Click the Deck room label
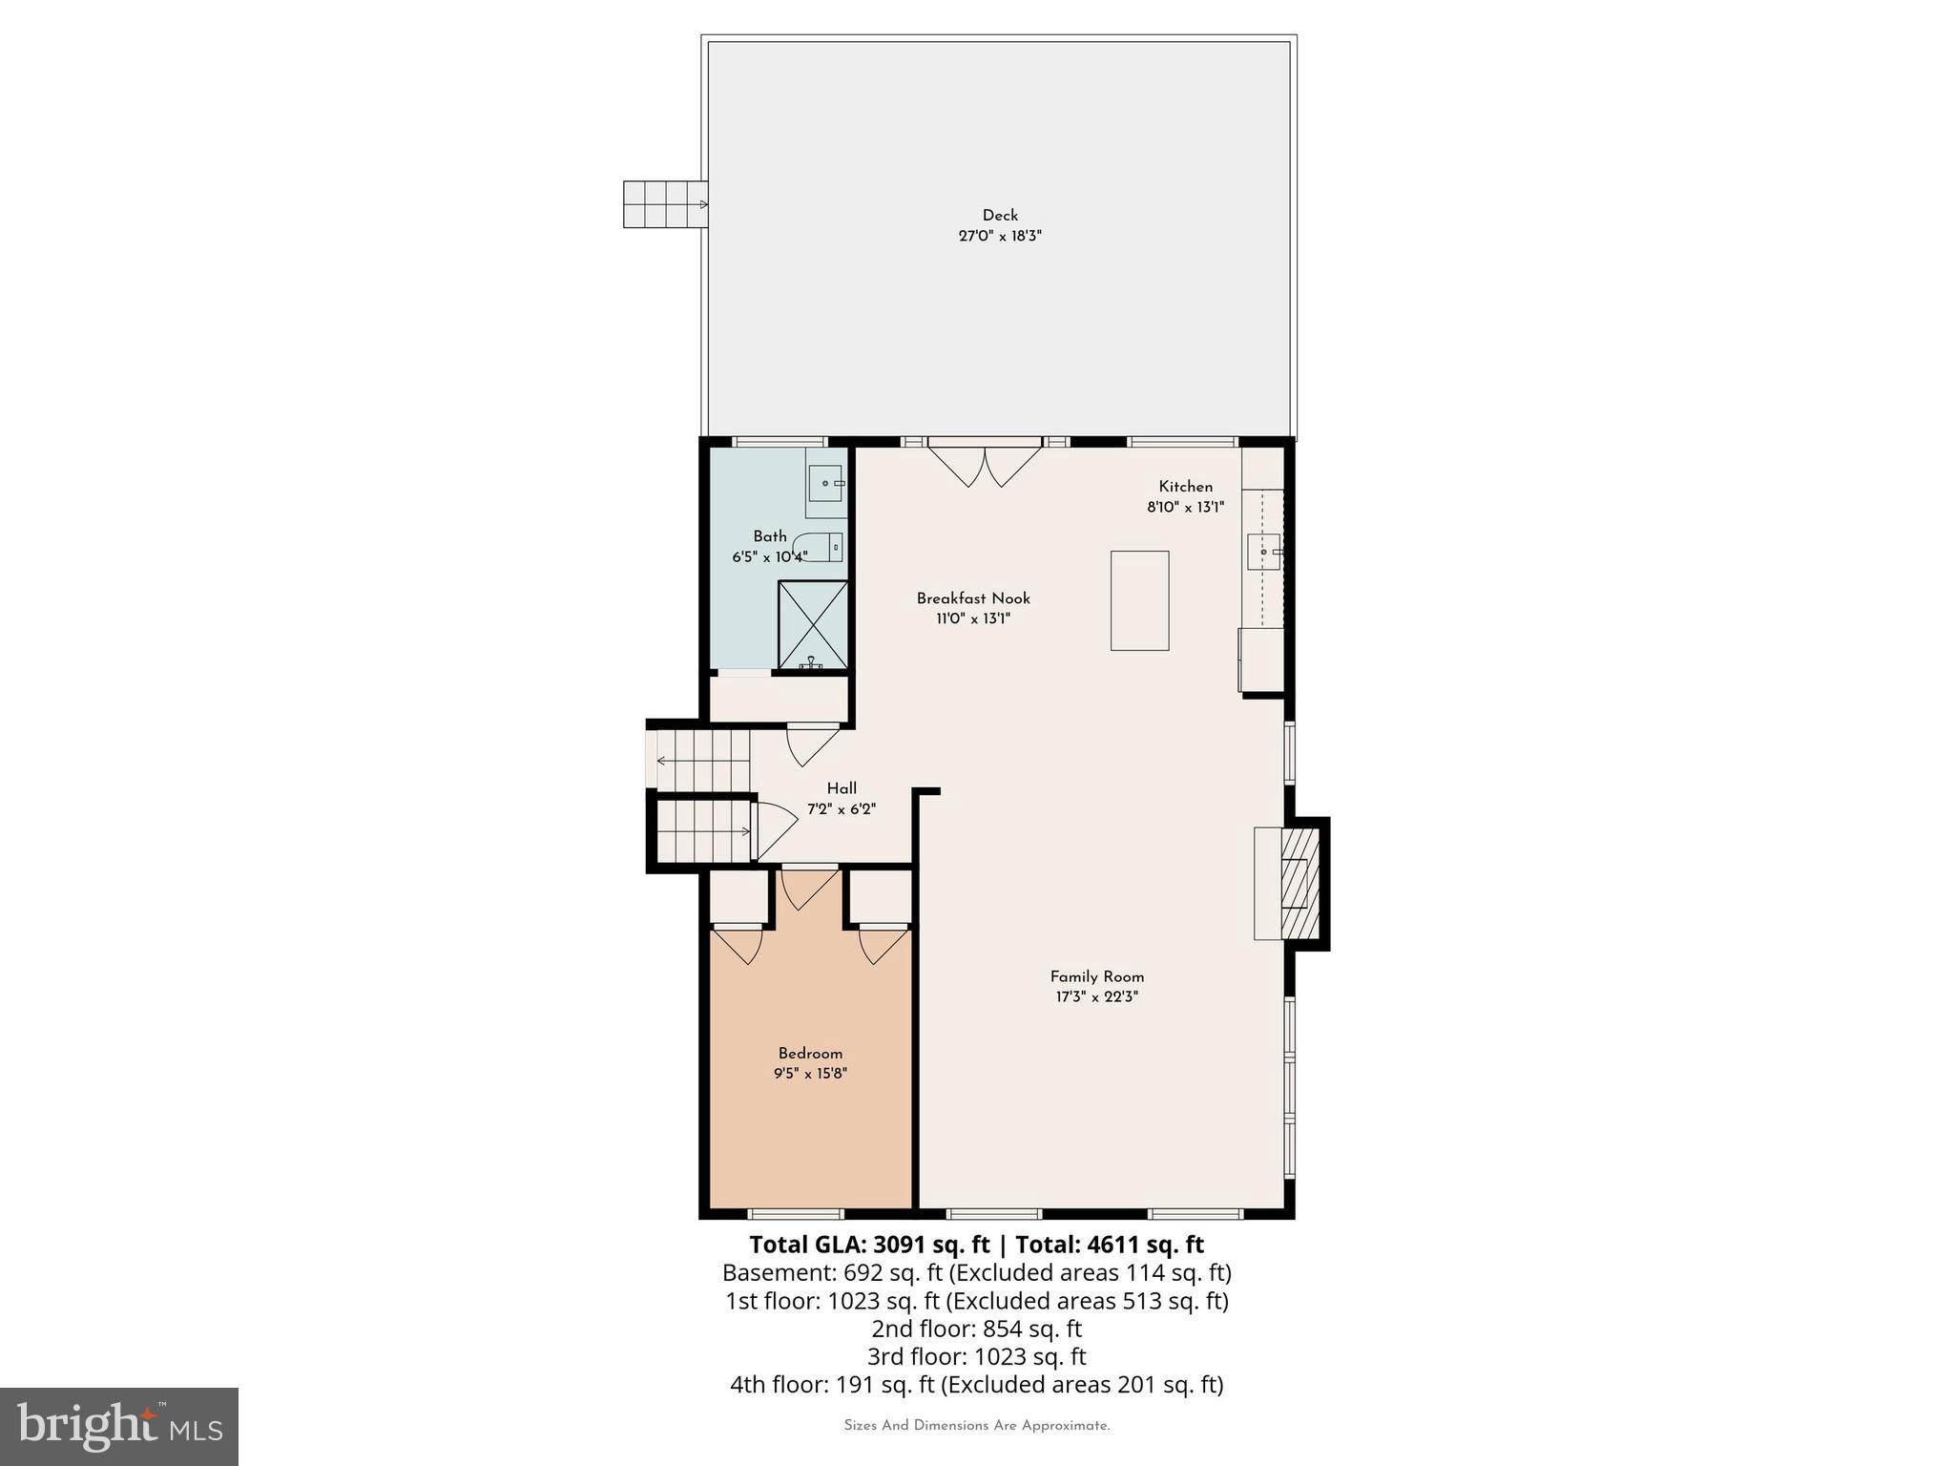[1000, 216]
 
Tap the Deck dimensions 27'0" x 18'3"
[1000, 236]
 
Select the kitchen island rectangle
[1139, 600]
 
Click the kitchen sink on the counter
[1263, 552]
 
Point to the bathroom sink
[825, 483]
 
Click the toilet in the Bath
[820, 547]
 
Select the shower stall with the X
[813, 624]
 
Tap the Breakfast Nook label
[973, 598]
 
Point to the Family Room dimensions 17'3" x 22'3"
[1096, 997]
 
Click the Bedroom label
[810, 1054]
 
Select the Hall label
[842, 788]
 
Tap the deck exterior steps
[665, 204]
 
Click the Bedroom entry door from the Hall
[808, 888]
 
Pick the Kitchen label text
[1185, 487]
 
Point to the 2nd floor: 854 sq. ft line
[976, 1329]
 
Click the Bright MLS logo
[119, 1426]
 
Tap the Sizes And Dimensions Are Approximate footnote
[976, 1426]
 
